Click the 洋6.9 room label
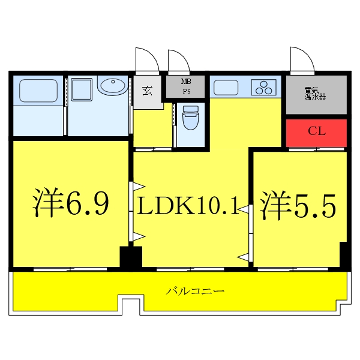[x=70, y=204]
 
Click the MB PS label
[x=187, y=88]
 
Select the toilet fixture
[x=190, y=117]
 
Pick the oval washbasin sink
[x=112, y=86]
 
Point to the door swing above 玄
[x=147, y=60]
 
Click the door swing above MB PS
[x=179, y=61]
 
